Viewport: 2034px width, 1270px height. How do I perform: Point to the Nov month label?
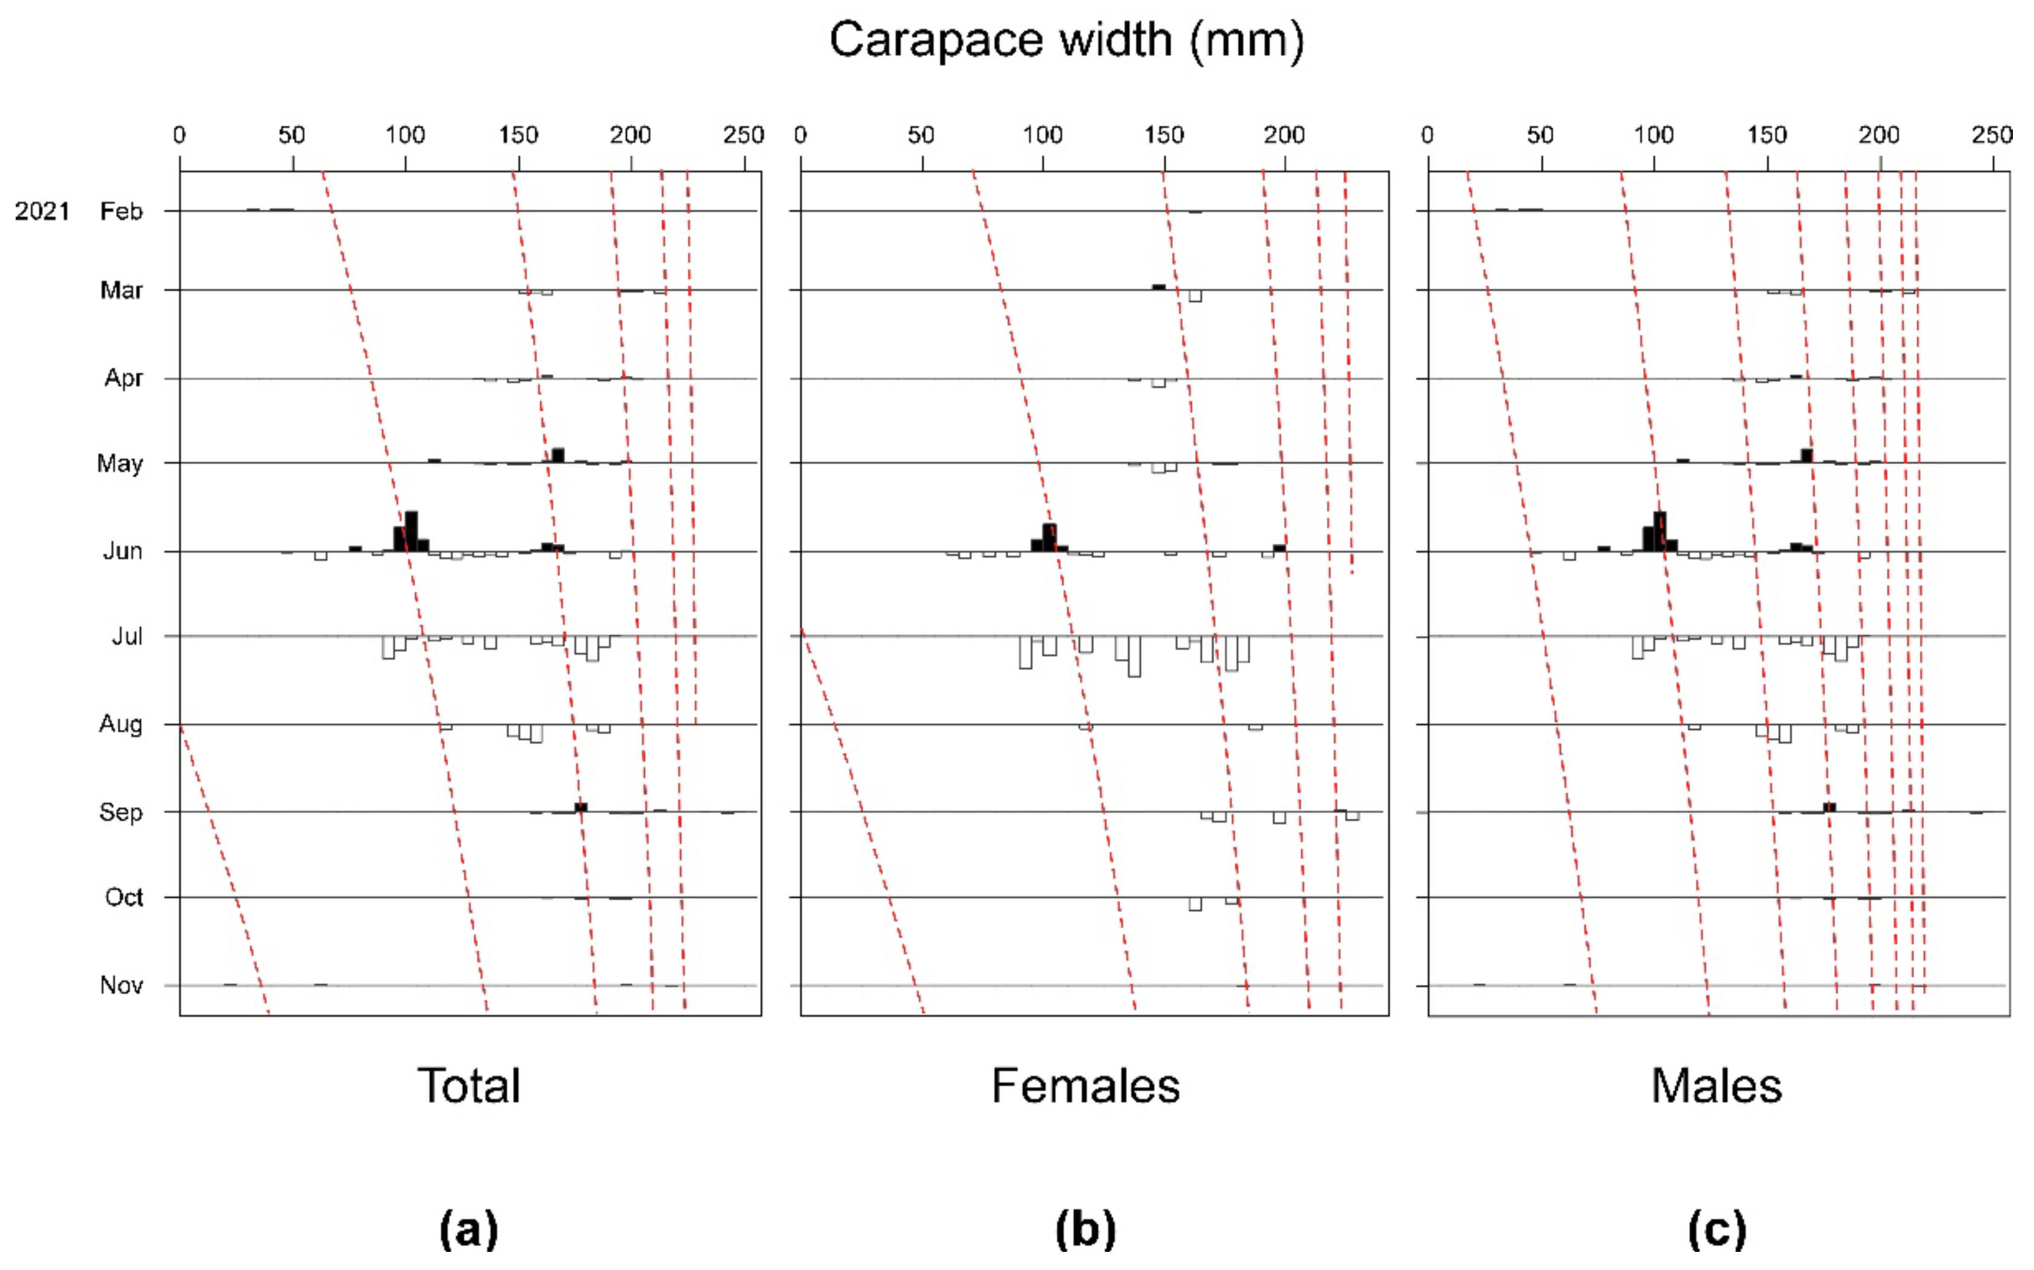click(121, 984)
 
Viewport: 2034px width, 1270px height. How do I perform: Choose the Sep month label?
click(121, 812)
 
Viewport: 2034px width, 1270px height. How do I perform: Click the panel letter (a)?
click(469, 1229)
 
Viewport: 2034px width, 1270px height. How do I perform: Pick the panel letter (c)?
click(1716, 1229)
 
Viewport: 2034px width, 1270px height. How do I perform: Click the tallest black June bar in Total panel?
click(411, 531)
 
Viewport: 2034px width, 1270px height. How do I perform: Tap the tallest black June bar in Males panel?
click(1659, 531)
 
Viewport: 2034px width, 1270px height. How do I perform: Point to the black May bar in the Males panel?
click(1806, 455)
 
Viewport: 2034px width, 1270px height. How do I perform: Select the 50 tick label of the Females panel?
click(921, 135)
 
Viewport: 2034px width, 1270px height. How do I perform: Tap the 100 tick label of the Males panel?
click(1654, 135)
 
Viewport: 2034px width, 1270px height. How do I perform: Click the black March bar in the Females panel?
click(1159, 287)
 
